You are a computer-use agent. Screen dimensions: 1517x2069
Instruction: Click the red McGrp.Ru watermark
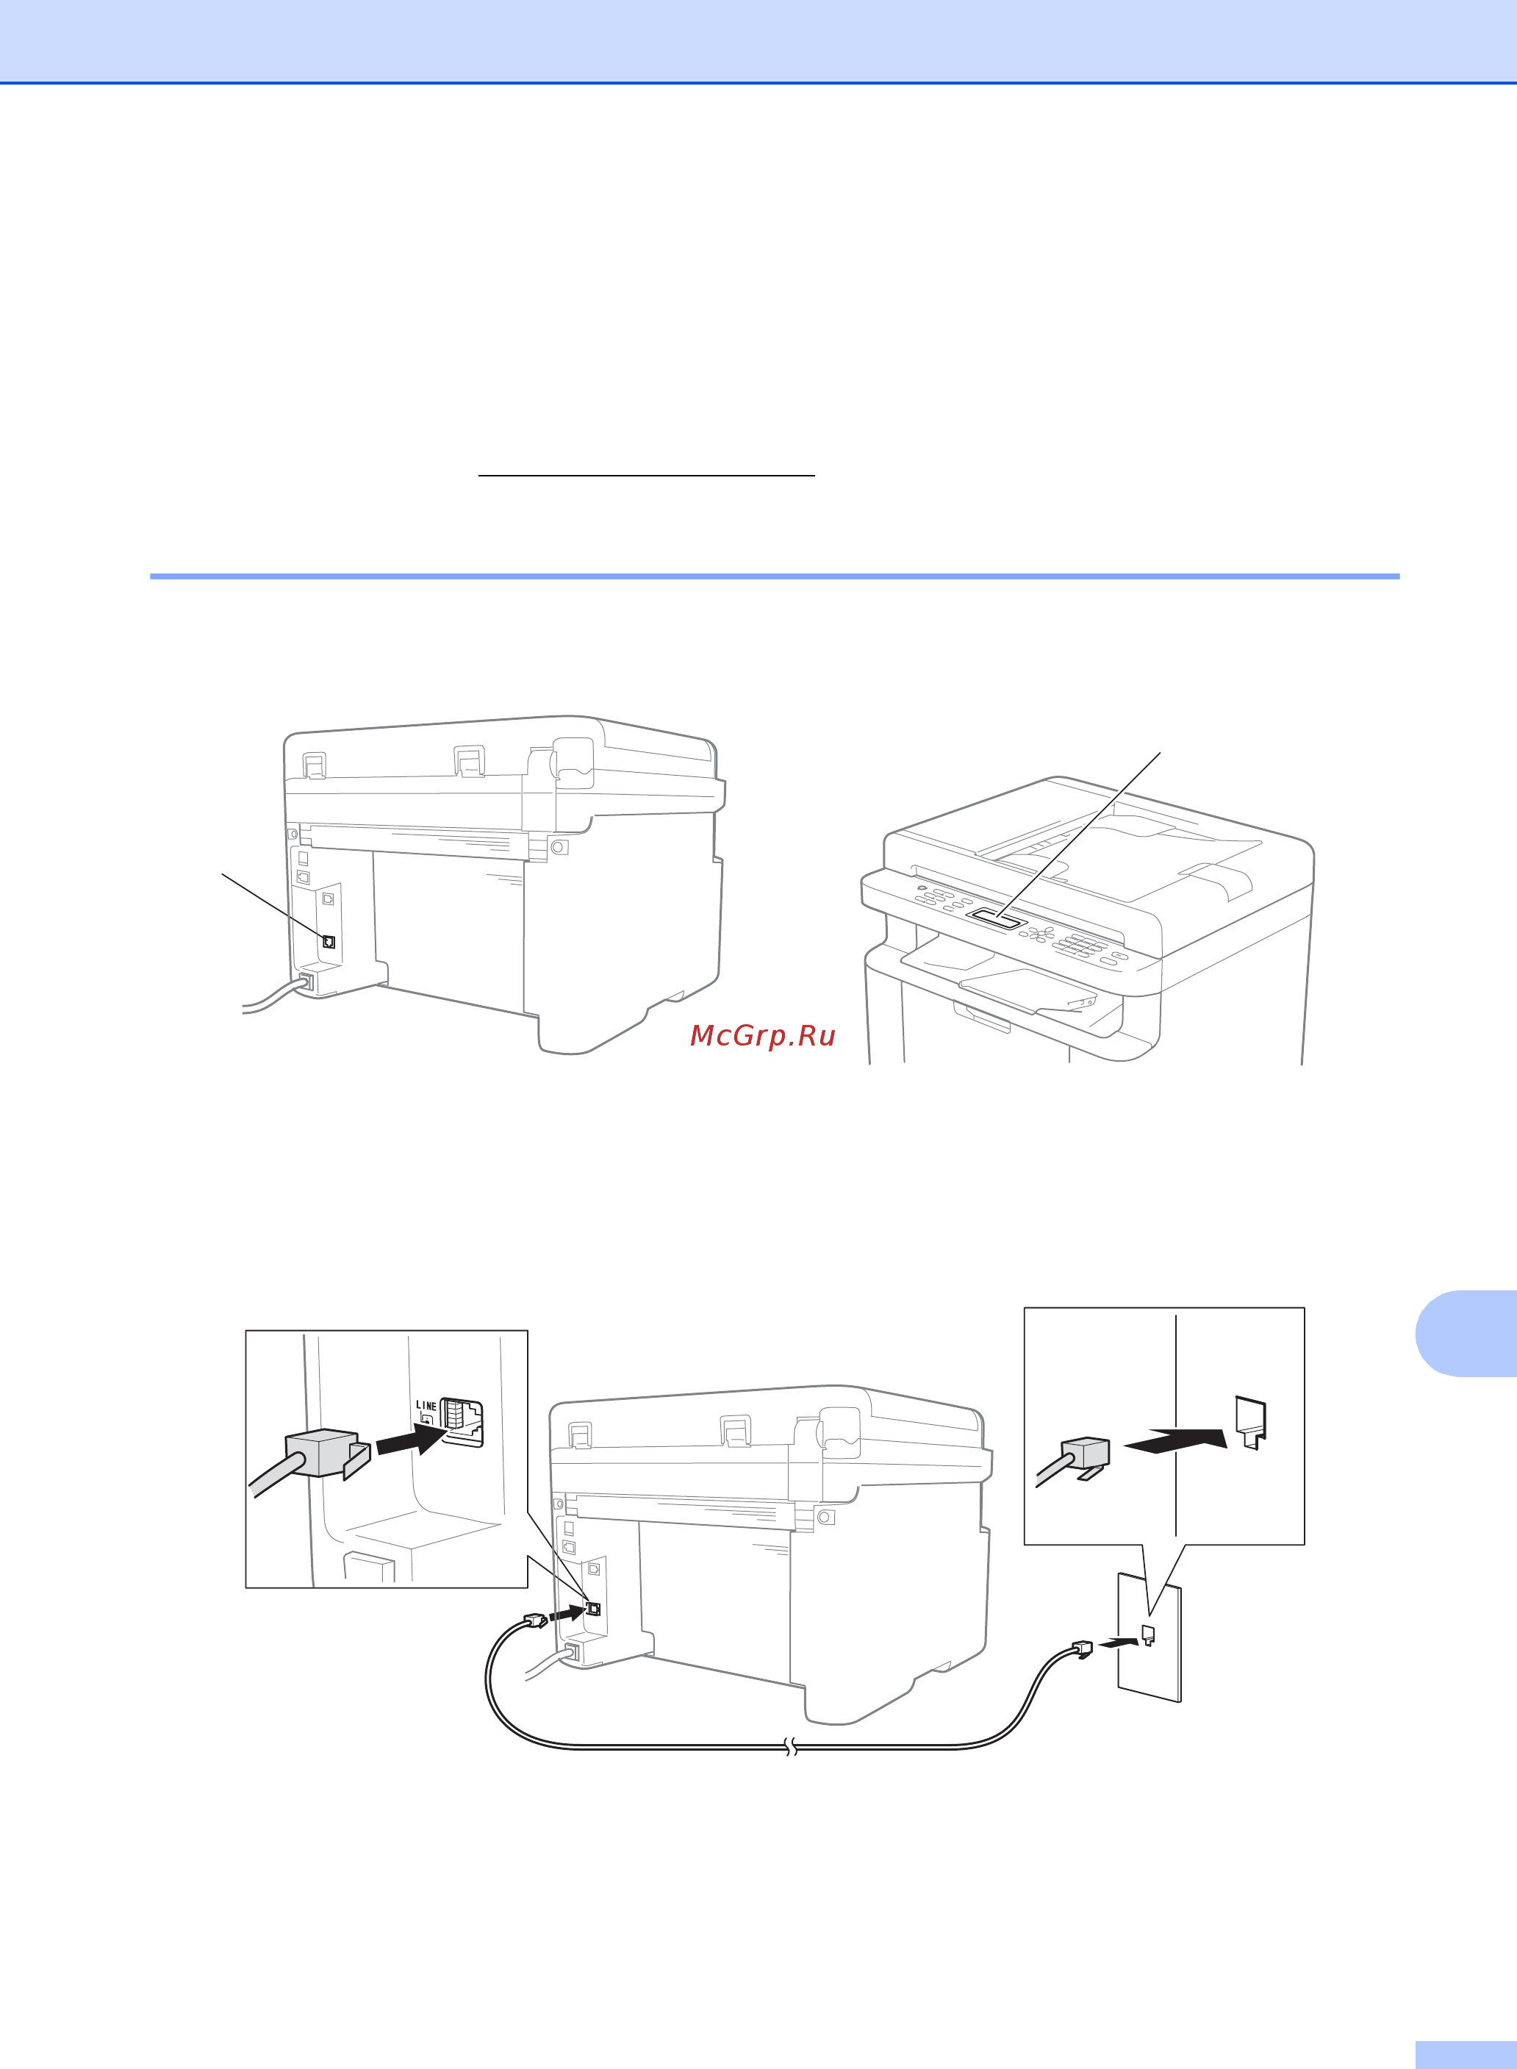[x=762, y=1035]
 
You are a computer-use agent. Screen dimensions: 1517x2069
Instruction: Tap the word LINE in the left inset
[x=426, y=1406]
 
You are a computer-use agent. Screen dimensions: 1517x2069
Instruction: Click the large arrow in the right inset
[x=1175, y=1440]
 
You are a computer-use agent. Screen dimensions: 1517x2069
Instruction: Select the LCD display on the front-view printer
[x=997, y=916]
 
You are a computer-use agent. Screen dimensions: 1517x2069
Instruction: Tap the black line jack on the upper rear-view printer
[x=329, y=942]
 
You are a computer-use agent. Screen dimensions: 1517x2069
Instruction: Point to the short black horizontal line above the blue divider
[x=647, y=476]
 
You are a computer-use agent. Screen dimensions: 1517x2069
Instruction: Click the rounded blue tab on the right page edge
[x=1466, y=1333]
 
